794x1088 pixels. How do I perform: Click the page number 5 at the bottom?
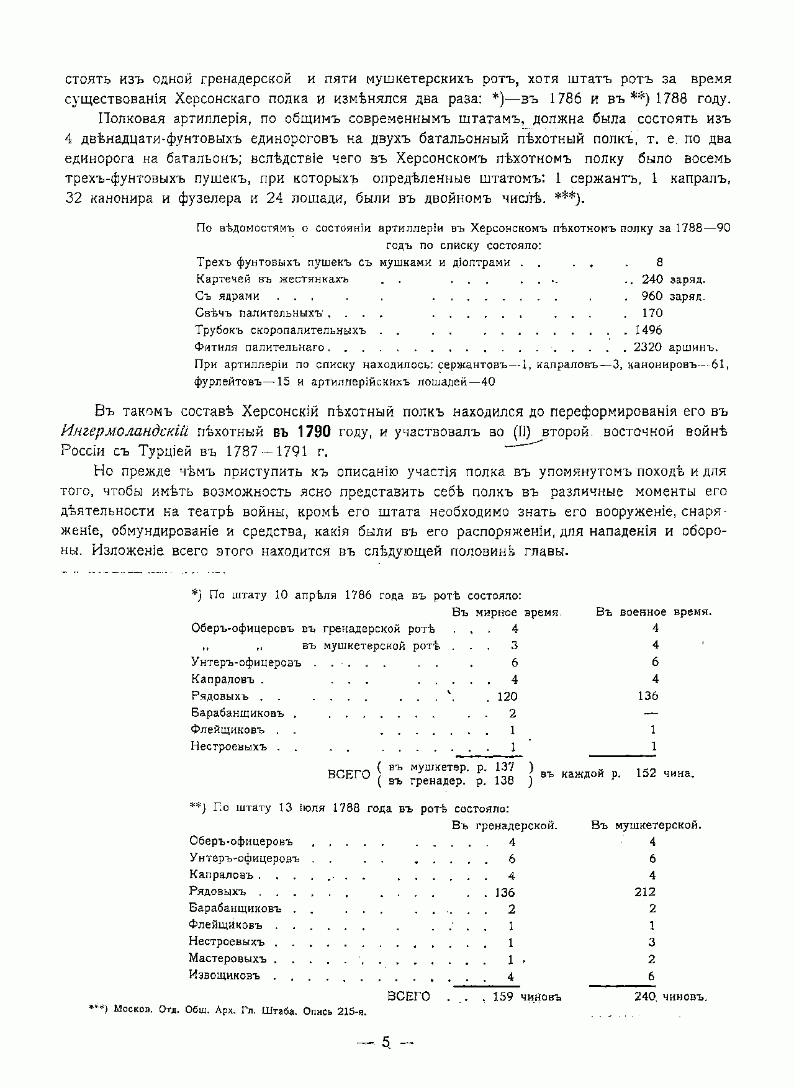tap(386, 1043)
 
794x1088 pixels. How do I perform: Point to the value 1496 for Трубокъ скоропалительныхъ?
tap(648, 330)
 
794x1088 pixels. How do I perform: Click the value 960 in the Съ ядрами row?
tap(652, 296)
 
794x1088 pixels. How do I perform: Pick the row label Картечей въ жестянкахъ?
tap(273, 279)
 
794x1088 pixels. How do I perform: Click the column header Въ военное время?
tap(654, 612)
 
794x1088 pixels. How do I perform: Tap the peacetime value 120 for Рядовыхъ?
tap(507, 696)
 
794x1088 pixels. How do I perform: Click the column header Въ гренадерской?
tap(505, 825)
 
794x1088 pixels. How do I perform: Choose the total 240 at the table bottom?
tap(646, 996)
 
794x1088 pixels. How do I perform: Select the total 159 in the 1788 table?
tap(503, 997)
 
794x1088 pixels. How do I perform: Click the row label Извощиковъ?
tap(224, 975)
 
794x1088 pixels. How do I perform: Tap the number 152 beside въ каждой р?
tap(646, 773)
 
